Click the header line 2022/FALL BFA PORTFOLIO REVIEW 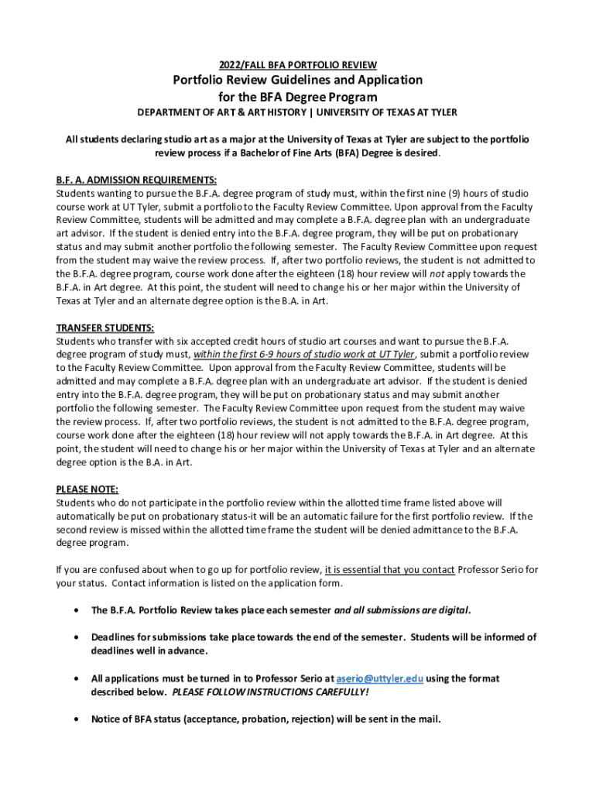(297, 64)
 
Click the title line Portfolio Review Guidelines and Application (297, 80)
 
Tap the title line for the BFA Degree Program (297, 97)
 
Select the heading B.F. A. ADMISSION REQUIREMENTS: (125, 179)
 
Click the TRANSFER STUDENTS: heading (105, 327)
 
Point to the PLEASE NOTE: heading (87, 489)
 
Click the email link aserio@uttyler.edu (380, 678)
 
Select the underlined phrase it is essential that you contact (389, 570)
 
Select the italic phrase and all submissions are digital (402, 610)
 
